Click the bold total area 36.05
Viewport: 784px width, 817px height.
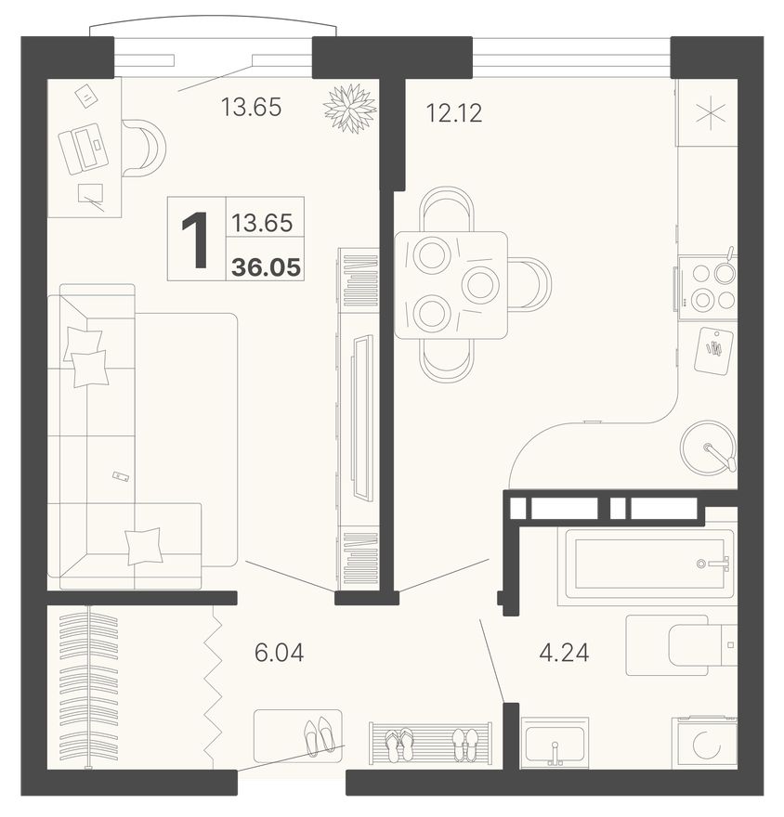266,267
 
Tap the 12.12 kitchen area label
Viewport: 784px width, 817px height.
454,113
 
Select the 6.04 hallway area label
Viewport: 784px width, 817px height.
279,653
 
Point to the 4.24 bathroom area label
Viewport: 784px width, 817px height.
564,653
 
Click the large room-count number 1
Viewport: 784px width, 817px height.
195,240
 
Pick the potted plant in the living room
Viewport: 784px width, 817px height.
350,108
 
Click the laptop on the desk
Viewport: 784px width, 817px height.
84,148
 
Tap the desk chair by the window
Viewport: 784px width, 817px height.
144,148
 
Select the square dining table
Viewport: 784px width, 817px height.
451,285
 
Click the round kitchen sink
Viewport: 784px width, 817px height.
709,447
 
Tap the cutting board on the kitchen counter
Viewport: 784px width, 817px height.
713,350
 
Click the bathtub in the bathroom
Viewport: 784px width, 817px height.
647,564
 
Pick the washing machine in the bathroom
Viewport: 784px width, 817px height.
704,742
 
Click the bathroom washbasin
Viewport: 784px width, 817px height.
555,743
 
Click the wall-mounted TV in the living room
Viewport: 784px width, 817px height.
362,418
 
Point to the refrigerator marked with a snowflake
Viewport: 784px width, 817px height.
707,112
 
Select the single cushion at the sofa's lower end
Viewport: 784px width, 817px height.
144,546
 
